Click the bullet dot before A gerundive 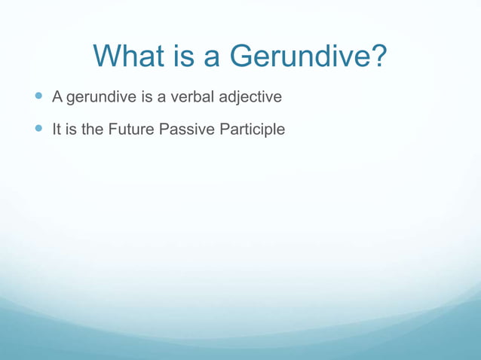(x=38, y=97)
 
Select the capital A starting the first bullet (x=57, y=96)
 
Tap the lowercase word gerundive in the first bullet (x=99, y=97)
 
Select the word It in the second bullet (x=57, y=130)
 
